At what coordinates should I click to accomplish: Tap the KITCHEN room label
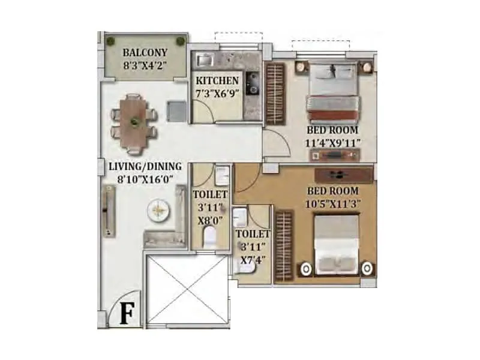click(x=217, y=80)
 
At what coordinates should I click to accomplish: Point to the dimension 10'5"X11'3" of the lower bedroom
click(x=332, y=203)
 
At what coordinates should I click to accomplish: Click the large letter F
click(x=127, y=314)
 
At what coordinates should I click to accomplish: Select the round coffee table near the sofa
click(x=159, y=210)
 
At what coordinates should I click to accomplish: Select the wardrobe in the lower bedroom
click(x=284, y=245)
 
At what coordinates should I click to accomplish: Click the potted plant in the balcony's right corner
click(x=180, y=41)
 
